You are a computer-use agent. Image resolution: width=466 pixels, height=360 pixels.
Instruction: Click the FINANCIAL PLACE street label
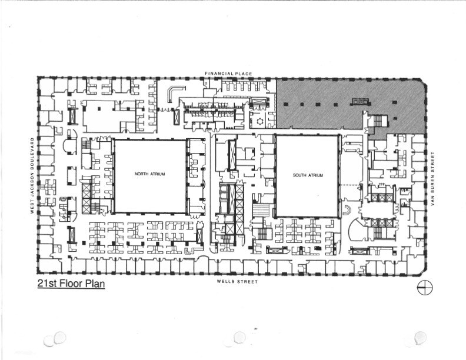[x=228, y=74]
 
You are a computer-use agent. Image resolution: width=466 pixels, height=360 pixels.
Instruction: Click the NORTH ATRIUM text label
[x=149, y=174]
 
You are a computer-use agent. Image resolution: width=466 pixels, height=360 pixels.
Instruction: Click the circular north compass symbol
[x=424, y=288]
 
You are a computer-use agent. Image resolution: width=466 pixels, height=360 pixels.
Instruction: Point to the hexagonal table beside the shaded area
[x=257, y=122]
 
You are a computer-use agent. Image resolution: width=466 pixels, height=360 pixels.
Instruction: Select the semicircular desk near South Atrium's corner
[x=347, y=210]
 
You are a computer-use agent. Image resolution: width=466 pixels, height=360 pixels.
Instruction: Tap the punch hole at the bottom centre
[x=239, y=337]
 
